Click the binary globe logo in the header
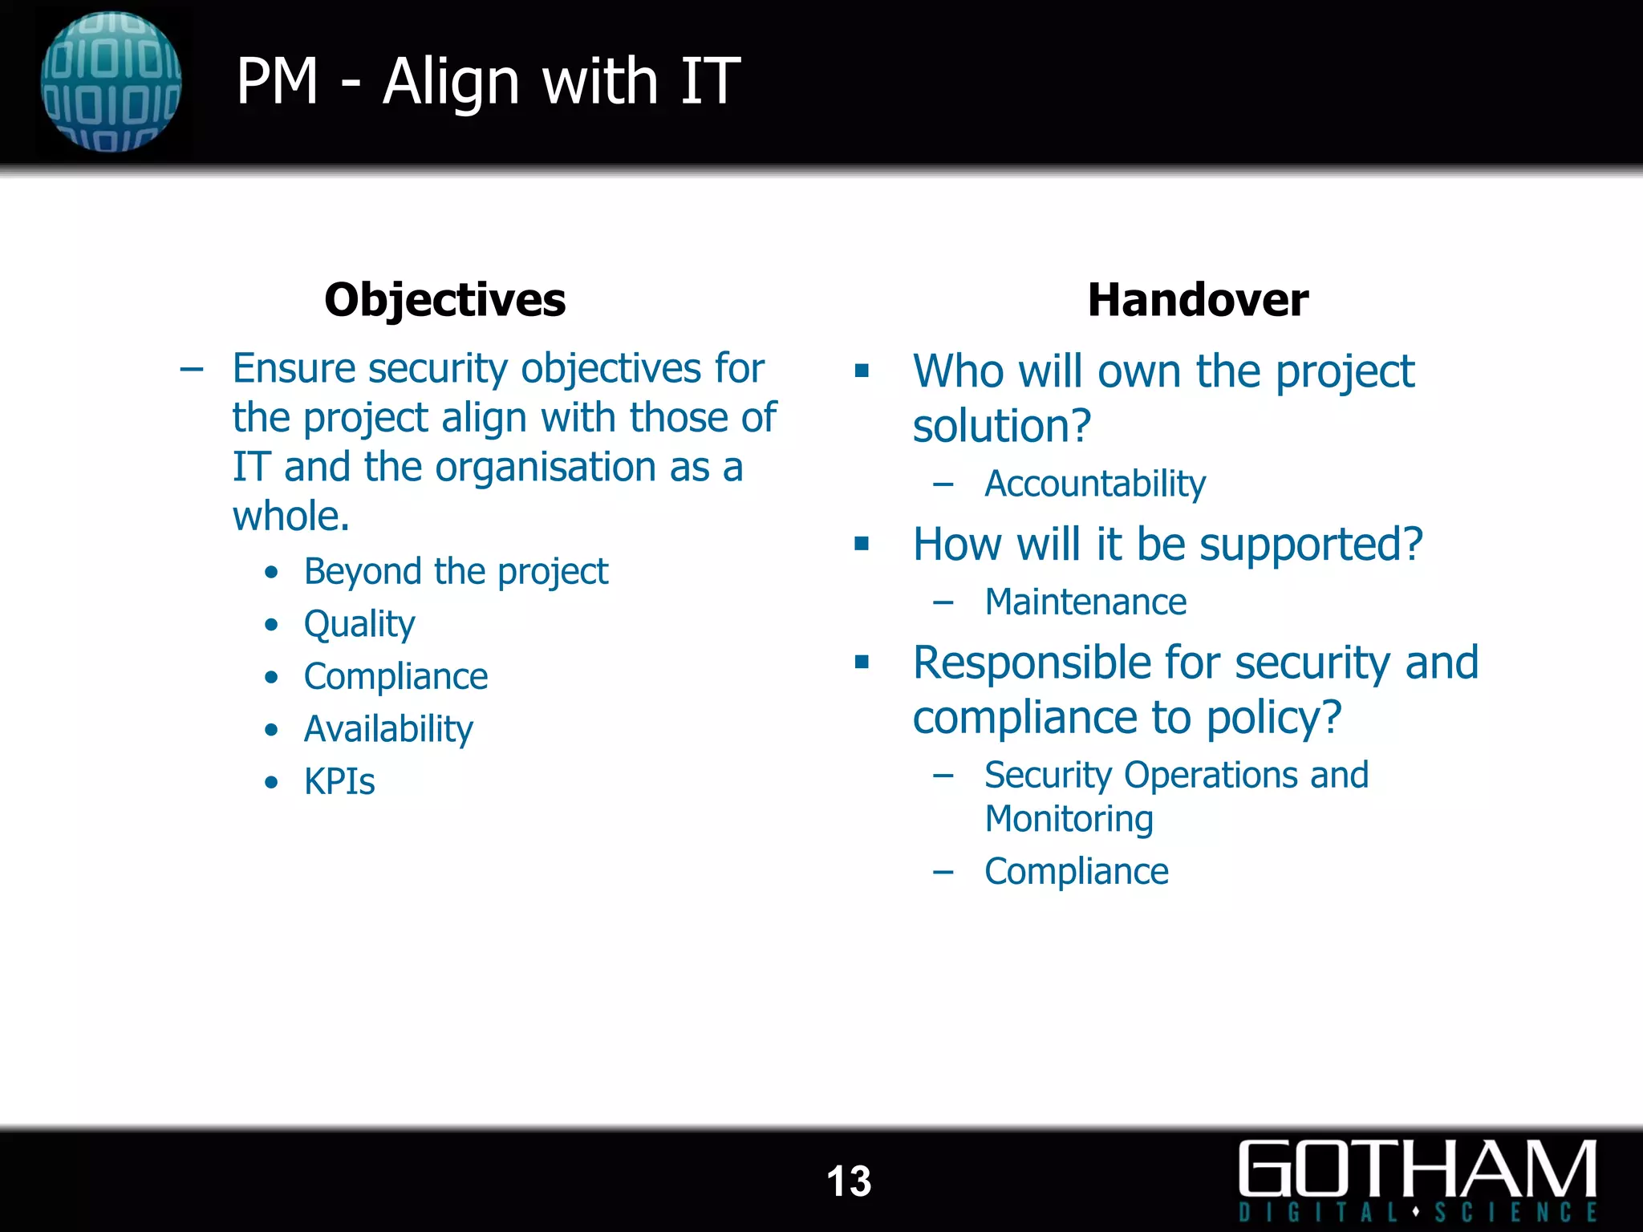click(x=111, y=82)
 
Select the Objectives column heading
click(x=444, y=300)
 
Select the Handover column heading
click(x=1197, y=300)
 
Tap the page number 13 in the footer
click(x=849, y=1181)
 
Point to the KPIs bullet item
click(x=339, y=781)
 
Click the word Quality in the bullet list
click(x=359, y=624)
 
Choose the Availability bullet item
click(x=388, y=729)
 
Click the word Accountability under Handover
click(x=1094, y=484)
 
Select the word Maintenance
click(x=1085, y=602)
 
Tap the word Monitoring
click(x=1069, y=819)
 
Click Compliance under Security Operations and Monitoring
click(x=1076, y=871)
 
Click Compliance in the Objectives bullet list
click(x=396, y=676)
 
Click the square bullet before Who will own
click(x=862, y=371)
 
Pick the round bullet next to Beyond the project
click(x=272, y=572)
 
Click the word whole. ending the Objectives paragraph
click(x=291, y=516)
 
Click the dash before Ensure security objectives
click(x=191, y=370)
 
